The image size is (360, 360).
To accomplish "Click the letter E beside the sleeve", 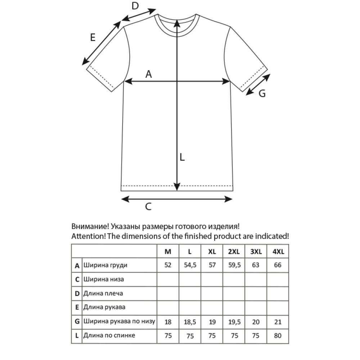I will click(x=93, y=37).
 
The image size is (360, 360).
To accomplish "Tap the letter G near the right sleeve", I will click(x=262, y=94).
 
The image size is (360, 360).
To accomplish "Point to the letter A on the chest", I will click(x=149, y=74).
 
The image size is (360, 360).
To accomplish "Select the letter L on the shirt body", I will click(x=182, y=157).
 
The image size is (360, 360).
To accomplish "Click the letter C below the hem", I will click(x=148, y=207).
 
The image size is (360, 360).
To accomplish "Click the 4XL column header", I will click(x=278, y=252).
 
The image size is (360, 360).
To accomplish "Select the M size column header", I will click(x=168, y=252).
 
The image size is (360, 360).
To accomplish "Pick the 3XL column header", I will click(x=256, y=252).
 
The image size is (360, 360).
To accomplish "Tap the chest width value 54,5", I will click(x=190, y=266).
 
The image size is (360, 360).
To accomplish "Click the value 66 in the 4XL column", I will click(x=278, y=266).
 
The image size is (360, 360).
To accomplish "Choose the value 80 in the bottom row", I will click(x=278, y=336).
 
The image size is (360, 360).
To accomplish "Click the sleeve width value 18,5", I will click(x=190, y=321).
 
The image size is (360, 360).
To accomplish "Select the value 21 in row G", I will click(x=278, y=321).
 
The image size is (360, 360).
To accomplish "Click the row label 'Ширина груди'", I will click(x=105, y=266).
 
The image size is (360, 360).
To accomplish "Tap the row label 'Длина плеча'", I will click(x=103, y=293).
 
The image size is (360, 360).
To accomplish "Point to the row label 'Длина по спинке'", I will click(x=109, y=336).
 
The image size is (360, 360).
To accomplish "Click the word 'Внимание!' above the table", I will click(x=90, y=227).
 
